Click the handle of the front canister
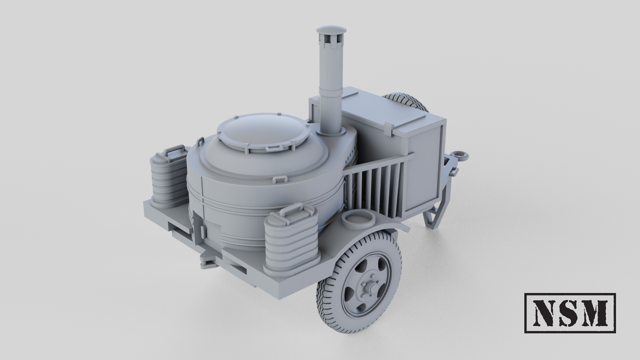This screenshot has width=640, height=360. tap(291, 209)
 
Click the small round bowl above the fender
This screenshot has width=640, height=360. tap(358, 219)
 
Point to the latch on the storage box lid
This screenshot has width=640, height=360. tap(388, 129)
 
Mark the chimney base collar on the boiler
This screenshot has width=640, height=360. tap(330, 132)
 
